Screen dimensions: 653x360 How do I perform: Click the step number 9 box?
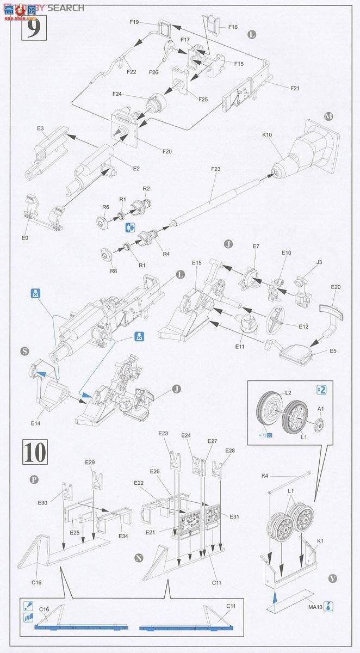coord(33,28)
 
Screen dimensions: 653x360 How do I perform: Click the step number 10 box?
coord(33,451)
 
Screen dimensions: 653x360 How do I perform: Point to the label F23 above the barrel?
coord(216,169)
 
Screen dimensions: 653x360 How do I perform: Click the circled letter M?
coord(327,116)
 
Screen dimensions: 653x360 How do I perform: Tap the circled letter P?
coord(34,480)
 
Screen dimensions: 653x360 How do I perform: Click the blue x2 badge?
coord(321,390)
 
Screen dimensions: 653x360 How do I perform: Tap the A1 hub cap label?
coord(321,409)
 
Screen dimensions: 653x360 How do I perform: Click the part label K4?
coord(265,476)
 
